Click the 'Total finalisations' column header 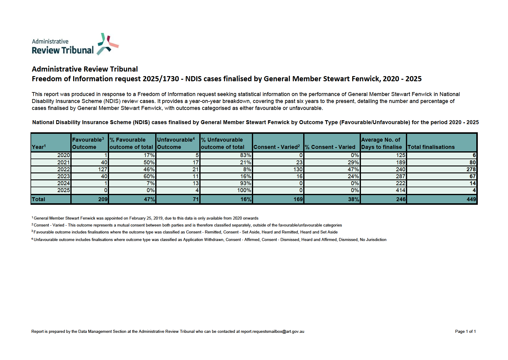click(x=431, y=147)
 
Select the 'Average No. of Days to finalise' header click(x=381, y=143)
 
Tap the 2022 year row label click(x=63, y=169)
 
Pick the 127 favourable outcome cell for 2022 click(x=103, y=169)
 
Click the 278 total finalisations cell click(x=471, y=169)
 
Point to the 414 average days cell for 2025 click(x=400, y=190)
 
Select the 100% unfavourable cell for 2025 click(x=244, y=190)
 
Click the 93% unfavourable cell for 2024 click(x=246, y=183)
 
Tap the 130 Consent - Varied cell click(x=298, y=169)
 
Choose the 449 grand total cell click(x=471, y=199)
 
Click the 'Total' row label click(x=39, y=199)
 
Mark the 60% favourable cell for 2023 click(x=149, y=176)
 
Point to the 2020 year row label click(x=63, y=155)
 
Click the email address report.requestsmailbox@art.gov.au click(x=272, y=332)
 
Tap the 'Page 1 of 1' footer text click(x=465, y=332)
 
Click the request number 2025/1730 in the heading click(x=161, y=79)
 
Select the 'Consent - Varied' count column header click(x=277, y=147)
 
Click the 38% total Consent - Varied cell click(x=353, y=199)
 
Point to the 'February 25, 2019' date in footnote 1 click(x=146, y=218)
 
